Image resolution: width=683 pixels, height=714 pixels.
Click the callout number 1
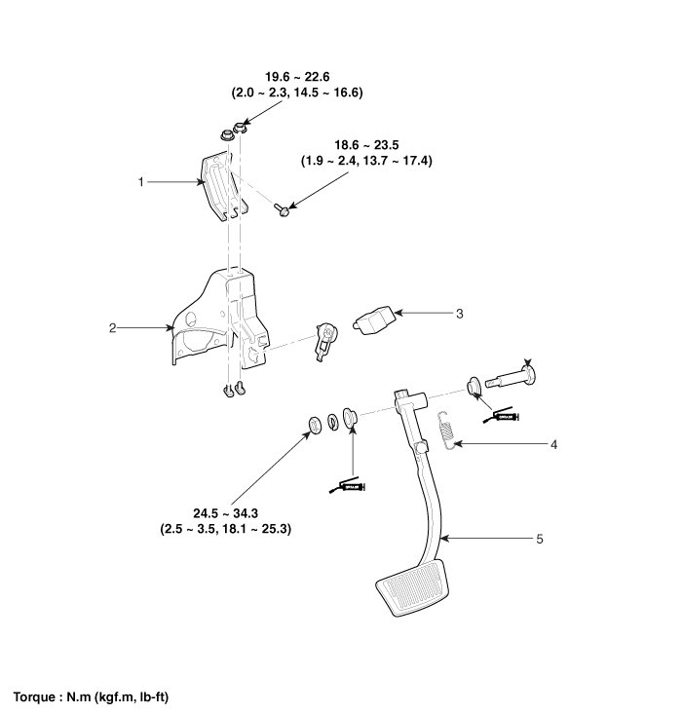click(x=141, y=181)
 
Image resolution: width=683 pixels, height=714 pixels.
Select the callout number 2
click(x=113, y=329)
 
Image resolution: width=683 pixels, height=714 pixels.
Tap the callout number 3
click(x=459, y=314)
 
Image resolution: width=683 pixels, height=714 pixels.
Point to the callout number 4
click(x=553, y=445)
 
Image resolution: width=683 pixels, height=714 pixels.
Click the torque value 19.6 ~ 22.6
click(x=297, y=77)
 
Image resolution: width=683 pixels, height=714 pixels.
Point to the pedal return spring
click(x=446, y=430)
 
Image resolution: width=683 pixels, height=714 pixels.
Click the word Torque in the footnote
click(x=35, y=697)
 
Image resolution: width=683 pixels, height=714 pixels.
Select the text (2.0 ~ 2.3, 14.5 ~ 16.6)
click(x=297, y=93)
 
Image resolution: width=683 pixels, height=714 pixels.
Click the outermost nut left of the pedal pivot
click(x=314, y=423)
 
